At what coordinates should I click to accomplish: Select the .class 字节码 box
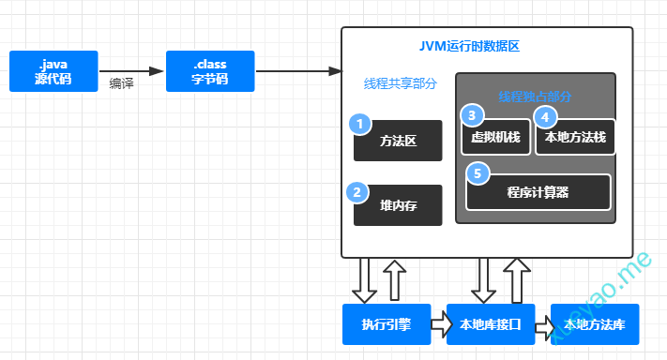[210, 71]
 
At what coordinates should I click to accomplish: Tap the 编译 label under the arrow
[122, 83]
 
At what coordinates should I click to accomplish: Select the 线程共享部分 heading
[401, 83]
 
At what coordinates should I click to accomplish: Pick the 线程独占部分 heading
[535, 96]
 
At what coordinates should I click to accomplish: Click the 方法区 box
[398, 142]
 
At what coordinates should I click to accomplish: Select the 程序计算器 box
[538, 193]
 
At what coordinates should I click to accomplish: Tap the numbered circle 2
[357, 192]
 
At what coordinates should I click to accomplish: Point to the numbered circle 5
[478, 173]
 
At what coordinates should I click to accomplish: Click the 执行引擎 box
[386, 325]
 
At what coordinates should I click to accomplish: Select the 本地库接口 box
[490, 325]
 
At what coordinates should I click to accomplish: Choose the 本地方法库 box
[595, 325]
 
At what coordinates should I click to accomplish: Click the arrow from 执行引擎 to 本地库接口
[438, 325]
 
